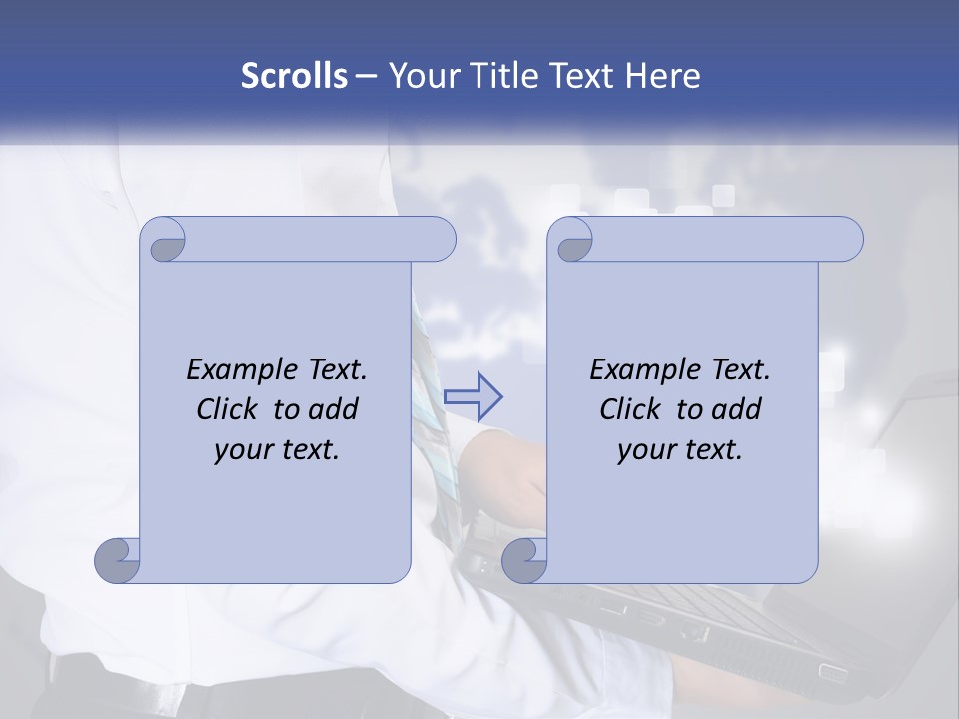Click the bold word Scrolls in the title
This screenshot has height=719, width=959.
tap(295, 76)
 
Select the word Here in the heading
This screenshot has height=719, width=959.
tap(663, 76)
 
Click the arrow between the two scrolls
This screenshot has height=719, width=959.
tap(473, 398)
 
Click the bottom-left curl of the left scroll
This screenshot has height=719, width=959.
tap(117, 559)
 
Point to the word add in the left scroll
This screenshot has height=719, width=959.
tap(333, 409)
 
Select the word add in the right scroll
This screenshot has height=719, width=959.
tap(736, 409)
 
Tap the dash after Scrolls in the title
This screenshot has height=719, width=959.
tap(366, 77)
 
